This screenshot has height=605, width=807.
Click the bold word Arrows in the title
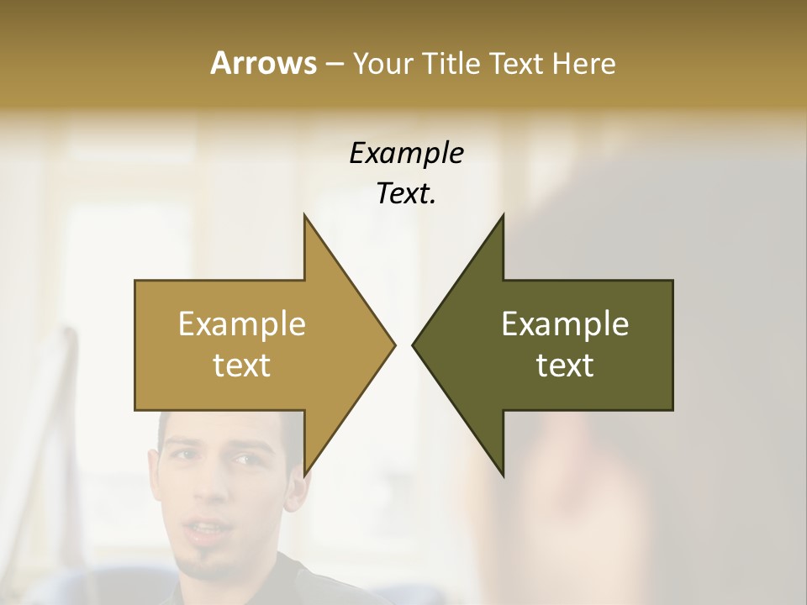click(262, 63)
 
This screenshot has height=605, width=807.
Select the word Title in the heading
click(450, 63)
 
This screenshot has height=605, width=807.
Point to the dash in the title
click(334, 64)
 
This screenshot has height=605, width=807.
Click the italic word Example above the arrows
click(406, 153)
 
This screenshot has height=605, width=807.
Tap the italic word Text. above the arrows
click(406, 193)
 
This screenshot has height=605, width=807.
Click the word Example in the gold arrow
click(242, 324)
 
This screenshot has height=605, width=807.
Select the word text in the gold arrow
click(242, 365)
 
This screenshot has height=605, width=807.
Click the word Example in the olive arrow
click(565, 324)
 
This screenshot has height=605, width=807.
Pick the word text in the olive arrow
click(565, 365)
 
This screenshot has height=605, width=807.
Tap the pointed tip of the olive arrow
click(414, 345)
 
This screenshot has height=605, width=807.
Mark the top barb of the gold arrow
click(306, 220)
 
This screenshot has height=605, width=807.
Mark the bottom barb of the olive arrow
click(502, 472)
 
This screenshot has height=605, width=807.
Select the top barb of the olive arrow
click(502, 220)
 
